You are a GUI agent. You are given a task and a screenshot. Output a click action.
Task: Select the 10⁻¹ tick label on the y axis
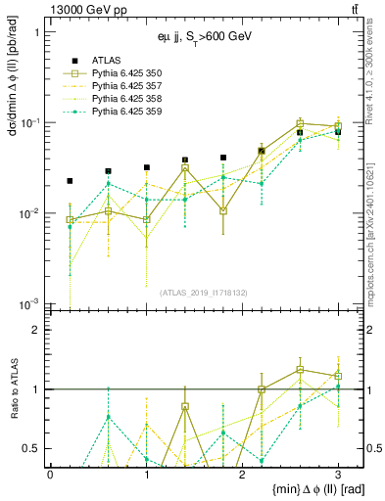pos(28,122)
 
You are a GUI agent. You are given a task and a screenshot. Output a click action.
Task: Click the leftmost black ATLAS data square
pos(70,181)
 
